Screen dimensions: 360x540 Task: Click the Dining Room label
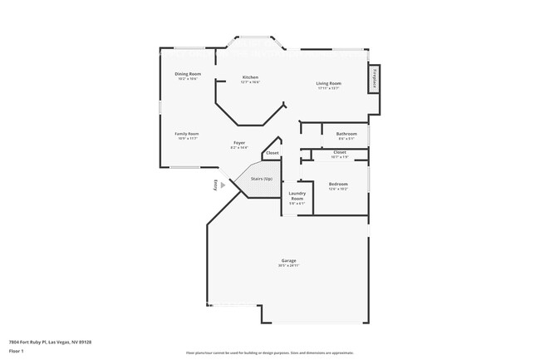point(188,75)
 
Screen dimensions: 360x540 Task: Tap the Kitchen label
point(250,76)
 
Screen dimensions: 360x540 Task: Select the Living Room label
point(329,83)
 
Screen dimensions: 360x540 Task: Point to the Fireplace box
point(374,79)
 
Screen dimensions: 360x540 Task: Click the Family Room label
point(186,134)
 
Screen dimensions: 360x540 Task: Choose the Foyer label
point(238,143)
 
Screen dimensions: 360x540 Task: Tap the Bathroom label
point(346,134)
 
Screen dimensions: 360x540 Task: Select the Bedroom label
point(337,184)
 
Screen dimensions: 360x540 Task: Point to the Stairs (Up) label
point(262,179)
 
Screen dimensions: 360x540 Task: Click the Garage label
point(288,261)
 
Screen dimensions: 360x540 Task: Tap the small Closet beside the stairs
point(272,154)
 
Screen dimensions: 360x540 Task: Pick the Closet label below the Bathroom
point(340,152)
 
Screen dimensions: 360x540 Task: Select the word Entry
point(216,185)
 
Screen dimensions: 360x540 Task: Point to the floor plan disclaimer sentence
point(269,353)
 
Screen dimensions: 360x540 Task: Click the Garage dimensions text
point(288,266)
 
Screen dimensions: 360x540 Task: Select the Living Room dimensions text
point(329,88)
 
